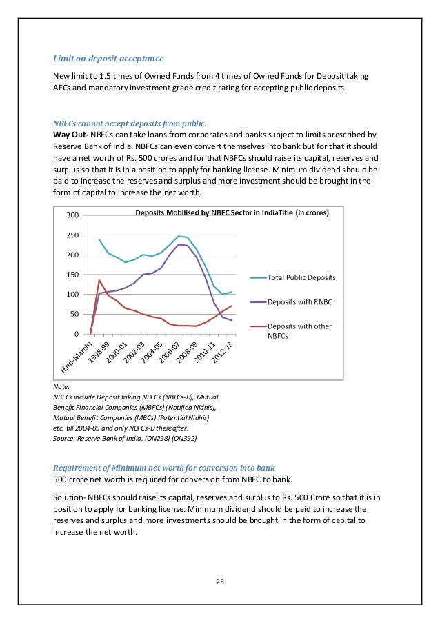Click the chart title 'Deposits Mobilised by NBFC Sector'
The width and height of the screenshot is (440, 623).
(x=232, y=212)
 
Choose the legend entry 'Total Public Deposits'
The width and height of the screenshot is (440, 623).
(x=301, y=277)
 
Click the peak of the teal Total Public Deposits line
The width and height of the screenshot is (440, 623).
(x=178, y=236)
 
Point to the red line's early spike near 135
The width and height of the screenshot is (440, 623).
(x=99, y=280)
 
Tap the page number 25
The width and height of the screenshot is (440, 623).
(x=220, y=582)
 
